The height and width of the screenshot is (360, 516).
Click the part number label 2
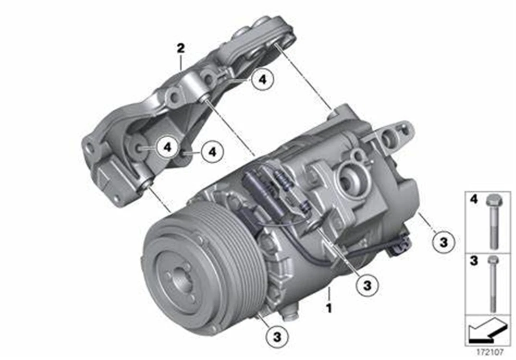click(180, 48)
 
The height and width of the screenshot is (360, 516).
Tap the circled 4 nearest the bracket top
click(262, 80)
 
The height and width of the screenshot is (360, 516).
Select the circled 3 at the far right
click(443, 241)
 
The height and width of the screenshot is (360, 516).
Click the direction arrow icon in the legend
click(487, 330)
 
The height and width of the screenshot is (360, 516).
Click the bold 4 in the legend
click(473, 198)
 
